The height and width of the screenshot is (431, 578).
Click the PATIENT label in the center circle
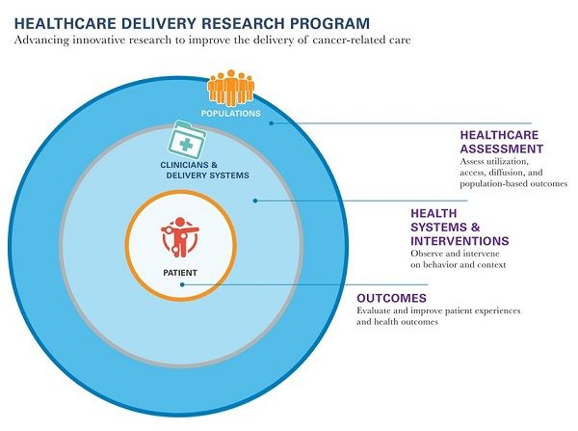pos(179,273)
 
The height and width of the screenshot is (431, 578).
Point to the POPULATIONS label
pos(230,114)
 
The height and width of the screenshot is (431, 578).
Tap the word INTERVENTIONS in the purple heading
pos(460,240)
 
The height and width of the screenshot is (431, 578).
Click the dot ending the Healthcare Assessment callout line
pos(272,122)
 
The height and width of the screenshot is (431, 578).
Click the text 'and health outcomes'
pos(398,322)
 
